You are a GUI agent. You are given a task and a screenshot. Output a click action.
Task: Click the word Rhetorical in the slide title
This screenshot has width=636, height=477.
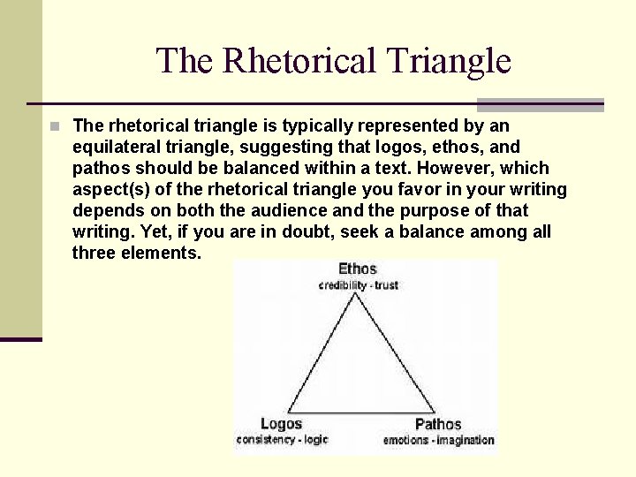(x=300, y=61)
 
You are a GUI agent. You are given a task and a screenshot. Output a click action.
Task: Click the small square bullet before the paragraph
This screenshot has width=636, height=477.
(x=55, y=126)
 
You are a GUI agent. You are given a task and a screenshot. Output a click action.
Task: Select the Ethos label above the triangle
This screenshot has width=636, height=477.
(x=357, y=269)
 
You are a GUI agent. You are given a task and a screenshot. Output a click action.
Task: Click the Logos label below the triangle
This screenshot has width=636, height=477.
(x=281, y=424)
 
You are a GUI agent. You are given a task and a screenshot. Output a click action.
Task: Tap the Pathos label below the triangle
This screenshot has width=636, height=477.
(x=438, y=424)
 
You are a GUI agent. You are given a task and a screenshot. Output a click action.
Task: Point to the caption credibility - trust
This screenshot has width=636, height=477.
(x=358, y=285)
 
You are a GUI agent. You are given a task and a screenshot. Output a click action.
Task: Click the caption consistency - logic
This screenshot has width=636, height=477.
(x=281, y=440)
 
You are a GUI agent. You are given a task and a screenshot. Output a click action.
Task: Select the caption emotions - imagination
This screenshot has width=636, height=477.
(x=438, y=440)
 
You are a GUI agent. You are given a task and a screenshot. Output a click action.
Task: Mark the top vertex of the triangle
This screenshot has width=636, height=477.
(x=356, y=294)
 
